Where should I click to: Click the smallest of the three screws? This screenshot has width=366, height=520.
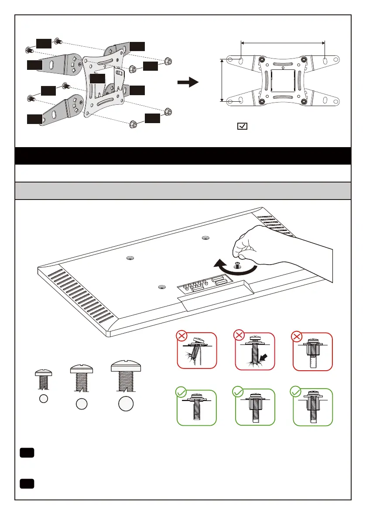(43, 379)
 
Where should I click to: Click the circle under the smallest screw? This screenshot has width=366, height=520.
(43, 399)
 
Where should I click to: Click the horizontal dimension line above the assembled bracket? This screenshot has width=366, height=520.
(283, 42)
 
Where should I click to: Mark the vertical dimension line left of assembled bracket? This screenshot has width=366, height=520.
(222, 81)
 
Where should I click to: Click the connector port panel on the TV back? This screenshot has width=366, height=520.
(205, 284)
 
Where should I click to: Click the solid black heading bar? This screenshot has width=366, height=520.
(183, 156)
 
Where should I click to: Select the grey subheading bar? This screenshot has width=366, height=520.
(183, 191)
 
